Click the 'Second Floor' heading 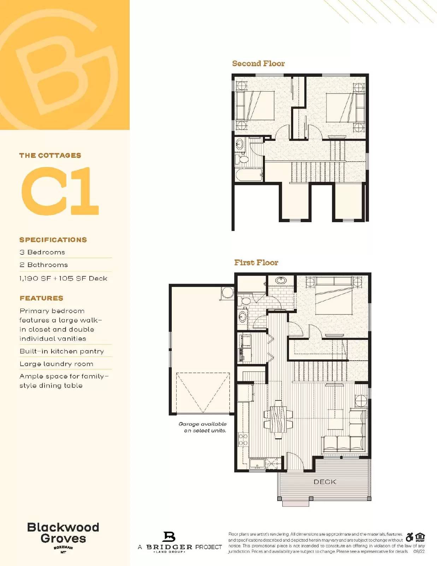click(x=258, y=64)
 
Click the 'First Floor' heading click(x=256, y=262)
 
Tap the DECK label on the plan click(x=325, y=482)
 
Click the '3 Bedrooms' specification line click(x=42, y=252)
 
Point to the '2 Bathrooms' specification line click(x=44, y=265)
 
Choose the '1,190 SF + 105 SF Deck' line click(x=64, y=278)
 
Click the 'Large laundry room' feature click(x=57, y=364)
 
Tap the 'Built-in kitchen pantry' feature click(x=62, y=351)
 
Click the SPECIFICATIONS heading click(x=53, y=240)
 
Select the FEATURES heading click(x=41, y=298)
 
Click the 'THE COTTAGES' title click(x=50, y=155)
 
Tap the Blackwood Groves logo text click(x=63, y=533)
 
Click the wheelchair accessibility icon click(x=409, y=537)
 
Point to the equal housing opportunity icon click(x=420, y=537)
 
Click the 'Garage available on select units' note click(x=203, y=427)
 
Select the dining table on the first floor click(x=278, y=419)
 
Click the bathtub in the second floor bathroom click(x=249, y=175)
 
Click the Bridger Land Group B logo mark click(x=169, y=537)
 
